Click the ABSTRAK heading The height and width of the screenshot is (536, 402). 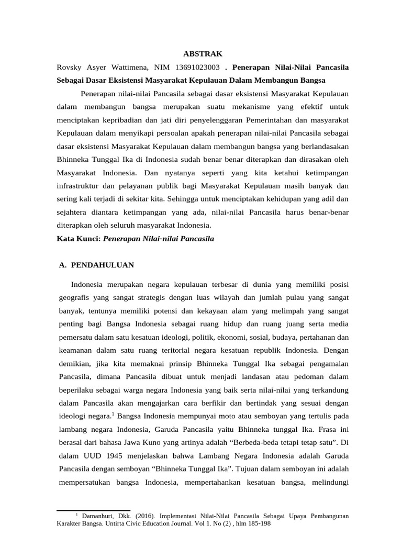tap(203, 53)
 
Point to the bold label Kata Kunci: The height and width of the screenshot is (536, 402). tap(78, 238)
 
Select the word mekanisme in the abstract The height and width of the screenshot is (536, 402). tap(250, 107)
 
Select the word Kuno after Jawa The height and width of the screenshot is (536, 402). tap(159, 429)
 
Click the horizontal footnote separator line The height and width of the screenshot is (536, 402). tap(93, 510)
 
